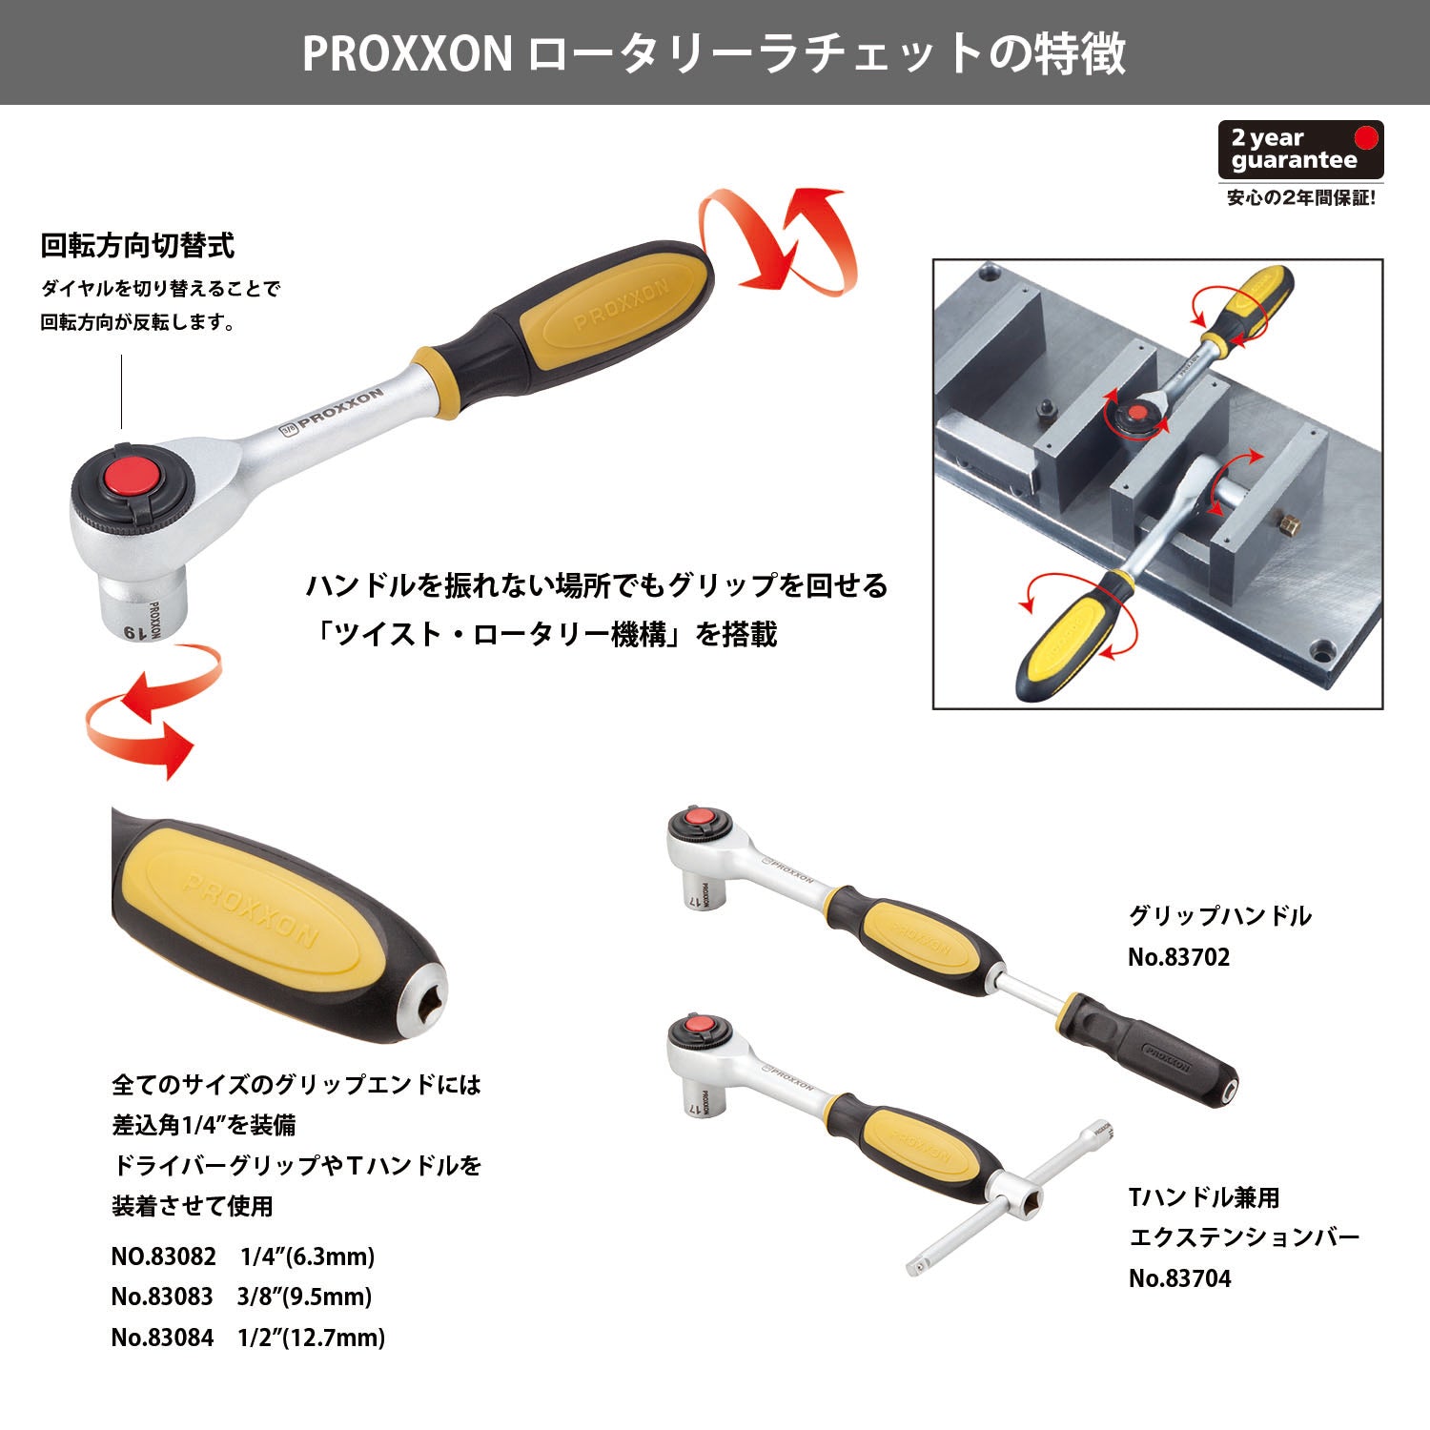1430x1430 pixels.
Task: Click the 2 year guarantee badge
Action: pyautogui.click(x=1300, y=150)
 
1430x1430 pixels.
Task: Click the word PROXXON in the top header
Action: pyautogui.click(x=408, y=53)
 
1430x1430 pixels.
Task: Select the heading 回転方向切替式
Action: pyautogui.click(x=137, y=246)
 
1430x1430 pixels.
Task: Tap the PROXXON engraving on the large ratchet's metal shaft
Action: pyautogui.click(x=334, y=410)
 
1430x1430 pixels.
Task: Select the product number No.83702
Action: pyautogui.click(x=1179, y=957)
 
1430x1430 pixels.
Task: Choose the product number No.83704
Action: pyautogui.click(x=1180, y=1278)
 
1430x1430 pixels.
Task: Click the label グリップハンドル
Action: pyautogui.click(x=1220, y=916)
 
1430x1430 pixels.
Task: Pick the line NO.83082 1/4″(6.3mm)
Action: pyautogui.click(x=243, y=1256)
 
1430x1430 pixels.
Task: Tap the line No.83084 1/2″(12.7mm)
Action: pyautogui.click(x=248, y=1338)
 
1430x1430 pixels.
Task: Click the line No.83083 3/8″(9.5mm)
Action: pyautogui.click(x=241, y=1297)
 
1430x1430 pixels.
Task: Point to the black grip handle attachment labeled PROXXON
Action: pyautogui.click(x=1154, y=1049)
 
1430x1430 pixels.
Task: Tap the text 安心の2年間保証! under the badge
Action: pyautogui.click(x=1300, y=198)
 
